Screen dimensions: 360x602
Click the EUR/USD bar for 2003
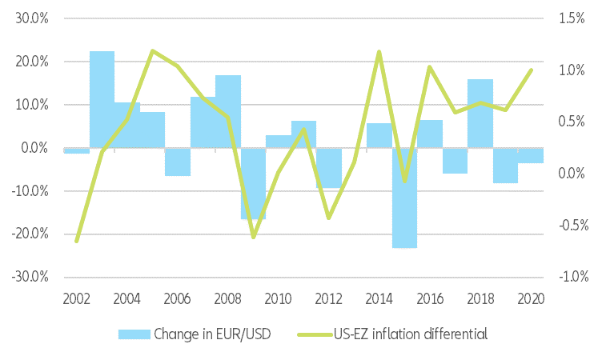tap(102, 99)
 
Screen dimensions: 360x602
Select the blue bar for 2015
tap(404, 198)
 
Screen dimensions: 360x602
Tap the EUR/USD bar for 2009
tap(253, 183)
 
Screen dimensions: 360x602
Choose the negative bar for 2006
tap(178, 162)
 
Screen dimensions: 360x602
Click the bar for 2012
tap(329, 167)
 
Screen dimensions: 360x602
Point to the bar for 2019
tap(505, 165)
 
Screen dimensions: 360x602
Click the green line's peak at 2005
tap(152, 50)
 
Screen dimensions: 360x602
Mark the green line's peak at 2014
tap(379, 52)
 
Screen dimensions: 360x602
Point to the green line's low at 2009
tap(253, 237)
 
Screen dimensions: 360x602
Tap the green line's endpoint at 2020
tap(532, 70)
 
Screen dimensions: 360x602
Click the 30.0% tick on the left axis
tap(33, 18)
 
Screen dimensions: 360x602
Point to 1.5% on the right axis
tap(574, 18)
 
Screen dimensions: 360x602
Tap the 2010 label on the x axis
tap(278, 299)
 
